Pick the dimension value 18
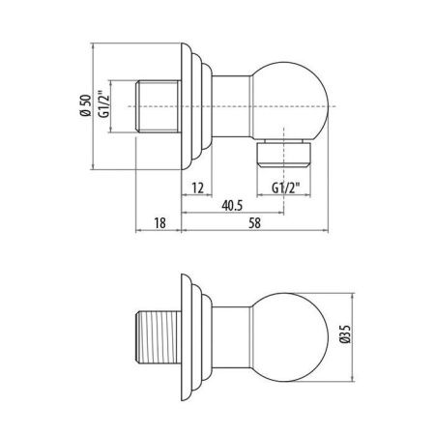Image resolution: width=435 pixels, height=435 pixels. click(161, 222)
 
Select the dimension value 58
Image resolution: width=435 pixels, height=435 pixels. click(254, 222)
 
